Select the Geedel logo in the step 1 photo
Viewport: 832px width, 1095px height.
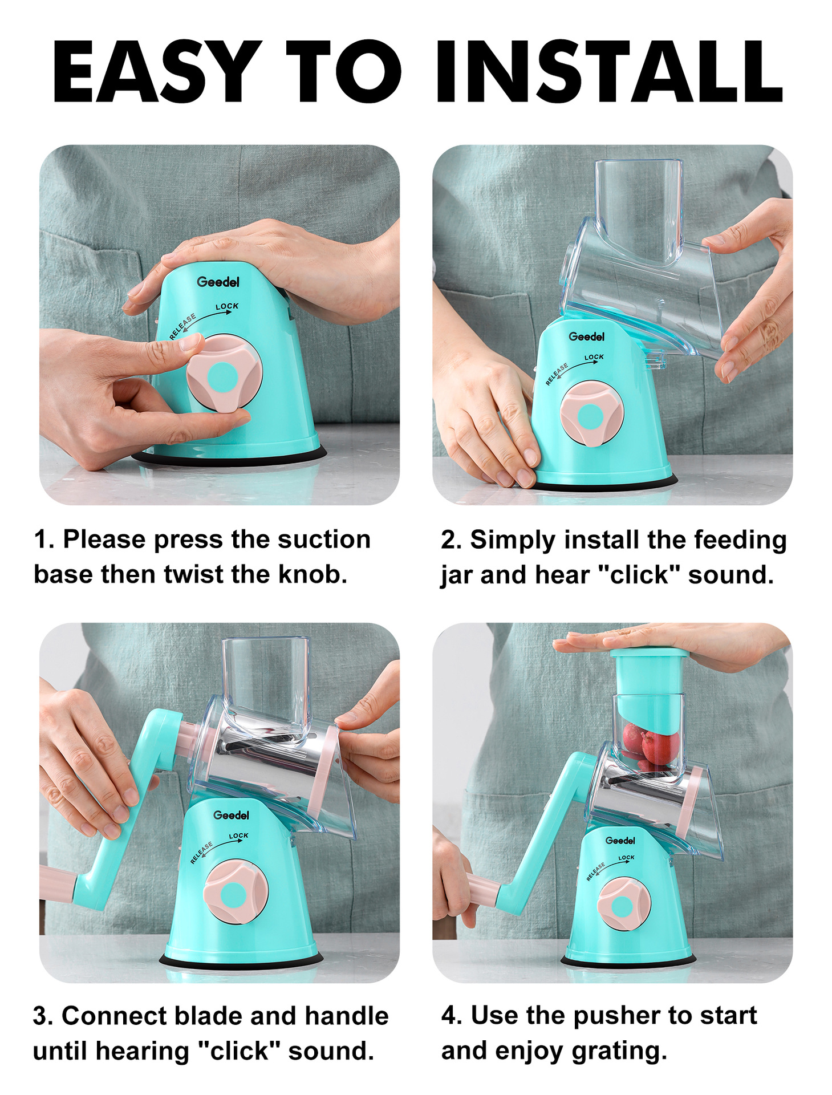[218, 282]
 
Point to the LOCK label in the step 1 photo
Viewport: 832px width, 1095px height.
[227, 306]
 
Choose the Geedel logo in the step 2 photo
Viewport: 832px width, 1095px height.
[586, 336]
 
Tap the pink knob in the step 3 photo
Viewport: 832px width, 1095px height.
[236, 893]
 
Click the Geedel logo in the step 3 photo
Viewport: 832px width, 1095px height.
[231, 815]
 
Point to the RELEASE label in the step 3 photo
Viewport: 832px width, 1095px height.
[201, 852]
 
